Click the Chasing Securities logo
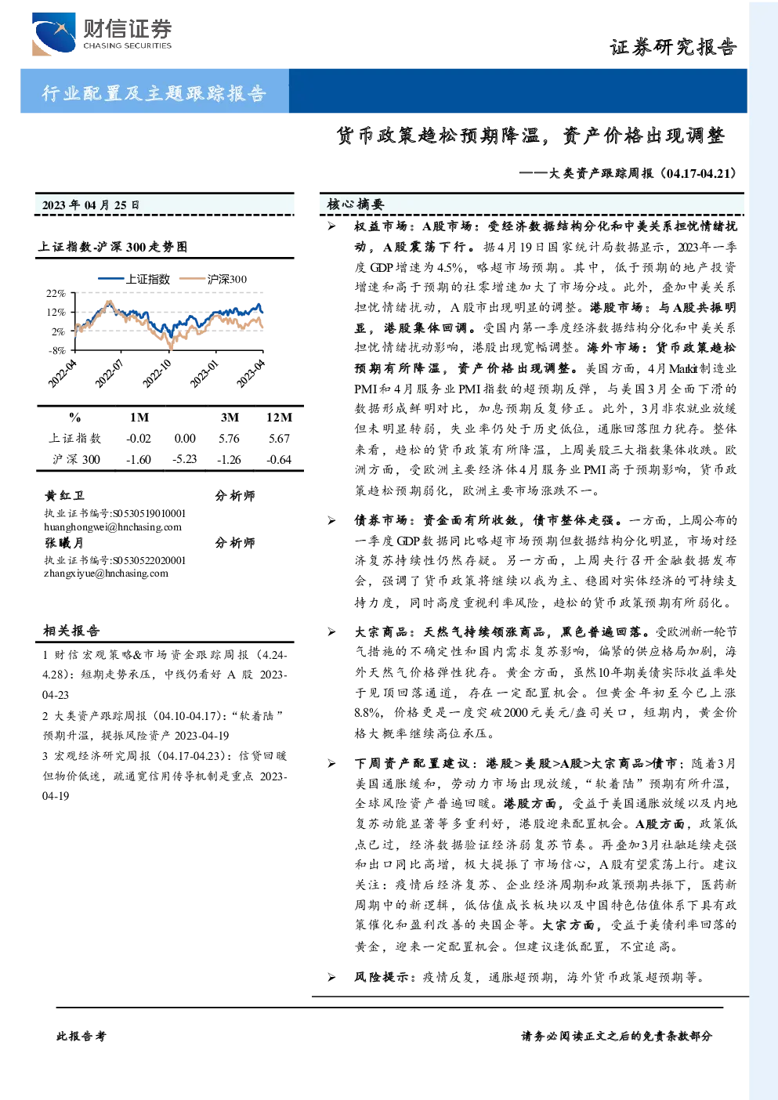[x=102, y=34]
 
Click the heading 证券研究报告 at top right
[x=673, y=47]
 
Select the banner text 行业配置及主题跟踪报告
[x=154, y=92]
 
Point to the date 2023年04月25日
[x=90, y=204]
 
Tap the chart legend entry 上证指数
[x=134, y=279]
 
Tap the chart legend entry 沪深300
[x=213, y=279]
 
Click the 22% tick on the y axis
[x=56, y=293]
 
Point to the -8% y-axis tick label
[x=56, y=351]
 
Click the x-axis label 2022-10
[x=157, y=374]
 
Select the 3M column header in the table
[x=230, y=418]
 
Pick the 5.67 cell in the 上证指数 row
[x=279, y=438]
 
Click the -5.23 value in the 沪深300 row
[x=185, y=459]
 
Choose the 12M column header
[x=279, y=418]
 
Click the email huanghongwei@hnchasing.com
[x=113, y=527]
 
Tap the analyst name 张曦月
[x=63, y=543]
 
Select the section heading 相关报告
[x=71, y=631]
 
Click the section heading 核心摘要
[x=355, y=204]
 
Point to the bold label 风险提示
[x=382, y=977]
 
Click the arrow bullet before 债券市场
[x=332, y=520]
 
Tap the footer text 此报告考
[x=81, y=1037]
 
